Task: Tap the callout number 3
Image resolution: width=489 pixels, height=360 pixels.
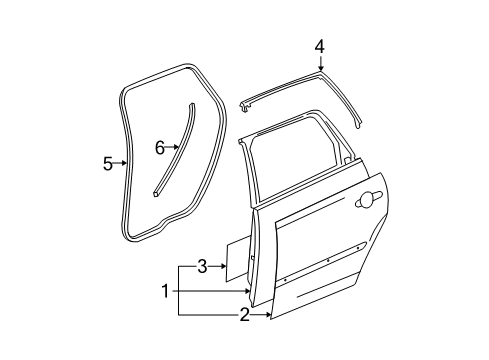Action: click(201, 266)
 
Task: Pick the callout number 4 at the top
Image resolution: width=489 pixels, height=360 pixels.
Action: click(319, 45)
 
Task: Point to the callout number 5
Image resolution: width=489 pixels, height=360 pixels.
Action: click(107, 164)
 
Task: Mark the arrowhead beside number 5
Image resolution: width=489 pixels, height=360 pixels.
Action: click(126, 164)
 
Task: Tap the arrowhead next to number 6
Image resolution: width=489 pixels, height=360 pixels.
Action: click(178, 147)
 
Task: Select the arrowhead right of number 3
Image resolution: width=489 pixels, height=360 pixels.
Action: click(224, 266)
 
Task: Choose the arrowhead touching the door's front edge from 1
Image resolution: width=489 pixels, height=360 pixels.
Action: click(251, 291)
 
